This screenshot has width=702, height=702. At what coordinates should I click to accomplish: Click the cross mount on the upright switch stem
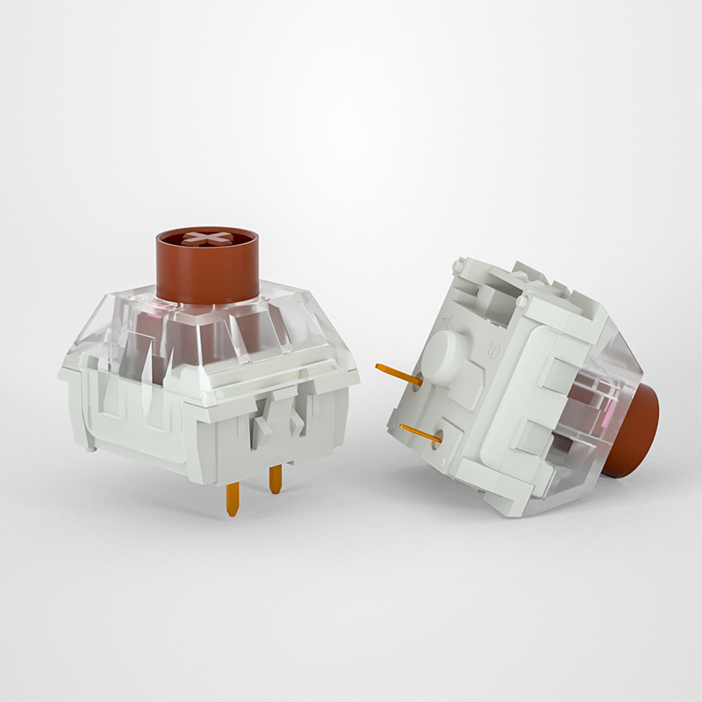[206, 240]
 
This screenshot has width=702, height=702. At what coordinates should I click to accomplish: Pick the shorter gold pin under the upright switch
[276, 479]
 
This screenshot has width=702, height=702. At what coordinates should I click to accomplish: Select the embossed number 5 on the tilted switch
[494, 353]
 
